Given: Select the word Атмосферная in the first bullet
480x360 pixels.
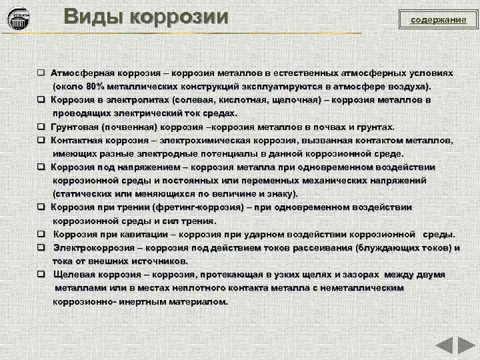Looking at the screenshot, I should [84, 73].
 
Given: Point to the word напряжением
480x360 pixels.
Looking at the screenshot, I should [147, 167].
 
